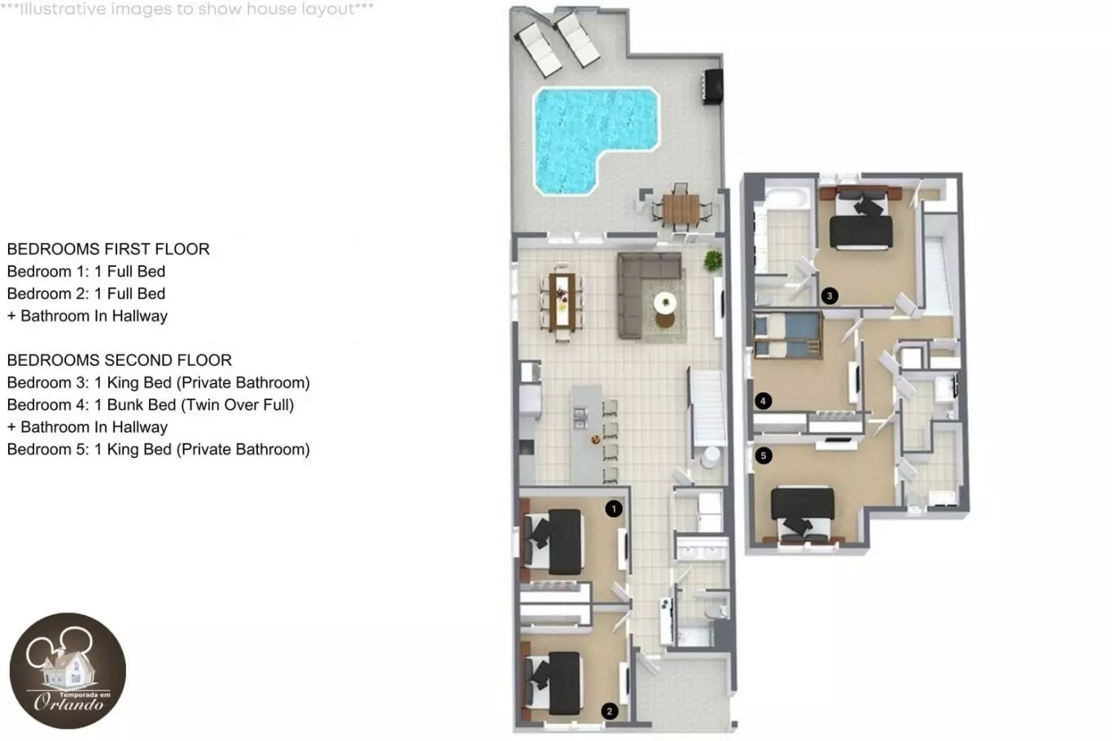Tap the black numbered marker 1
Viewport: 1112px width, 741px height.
614,509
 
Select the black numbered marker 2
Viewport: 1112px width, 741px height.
610,711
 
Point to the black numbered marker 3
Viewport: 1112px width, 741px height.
830,296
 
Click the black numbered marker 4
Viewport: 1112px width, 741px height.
763,401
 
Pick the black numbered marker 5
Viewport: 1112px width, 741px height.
764,455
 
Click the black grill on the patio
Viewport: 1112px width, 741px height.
713,87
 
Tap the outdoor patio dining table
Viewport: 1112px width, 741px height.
681,209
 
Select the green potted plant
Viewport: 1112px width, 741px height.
713,260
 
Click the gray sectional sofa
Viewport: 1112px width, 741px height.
646,293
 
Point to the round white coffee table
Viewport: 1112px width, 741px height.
665,302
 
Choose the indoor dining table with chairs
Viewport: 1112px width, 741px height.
562,303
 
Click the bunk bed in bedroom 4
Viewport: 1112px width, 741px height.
787,334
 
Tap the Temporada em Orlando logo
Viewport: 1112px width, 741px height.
68,670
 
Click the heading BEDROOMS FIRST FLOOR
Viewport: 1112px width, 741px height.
108,249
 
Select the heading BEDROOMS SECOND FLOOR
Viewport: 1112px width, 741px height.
119,360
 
